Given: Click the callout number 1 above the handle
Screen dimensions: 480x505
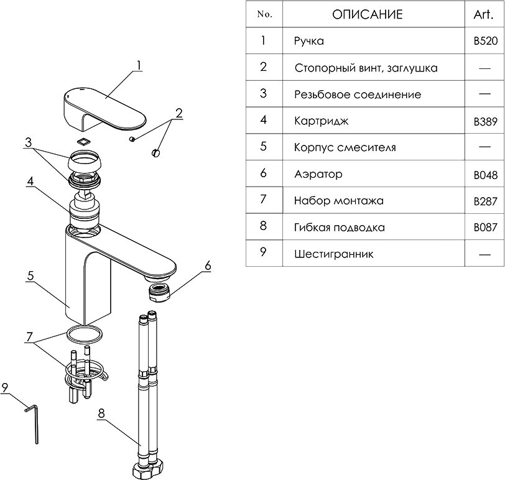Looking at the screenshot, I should coord(139,65).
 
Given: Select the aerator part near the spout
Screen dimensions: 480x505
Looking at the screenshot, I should coord(158,291).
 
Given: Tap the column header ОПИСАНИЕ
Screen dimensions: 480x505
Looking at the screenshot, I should coord(367,14).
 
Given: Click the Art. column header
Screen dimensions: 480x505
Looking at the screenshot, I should coord(484,14).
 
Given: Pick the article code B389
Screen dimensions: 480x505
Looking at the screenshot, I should coord(484,122).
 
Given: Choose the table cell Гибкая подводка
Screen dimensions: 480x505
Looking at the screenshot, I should coord(339,228).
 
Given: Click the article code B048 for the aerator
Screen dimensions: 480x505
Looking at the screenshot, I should coord(484,175).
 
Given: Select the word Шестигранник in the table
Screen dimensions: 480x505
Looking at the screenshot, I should coord(334,254).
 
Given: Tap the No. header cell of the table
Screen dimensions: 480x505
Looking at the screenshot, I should coord(264,14).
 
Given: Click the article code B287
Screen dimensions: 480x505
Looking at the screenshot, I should coord(484,201).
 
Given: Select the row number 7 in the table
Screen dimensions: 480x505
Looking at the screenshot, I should coord(264,200).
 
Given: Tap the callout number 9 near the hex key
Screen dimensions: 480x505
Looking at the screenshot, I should coord(5,387).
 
